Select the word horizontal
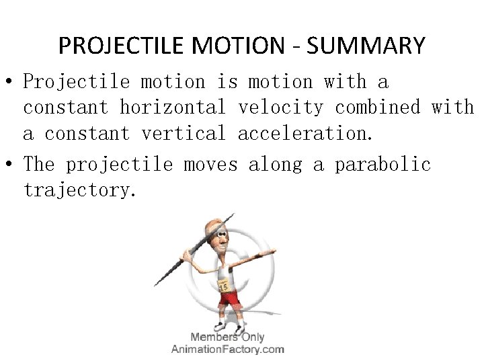pos(173,108)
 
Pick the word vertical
pos(184,133)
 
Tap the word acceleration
pos(304,133)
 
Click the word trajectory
pos(80,190)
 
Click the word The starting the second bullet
pos(40,164)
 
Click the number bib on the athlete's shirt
pos(224,284)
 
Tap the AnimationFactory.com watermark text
pos(227,349)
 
